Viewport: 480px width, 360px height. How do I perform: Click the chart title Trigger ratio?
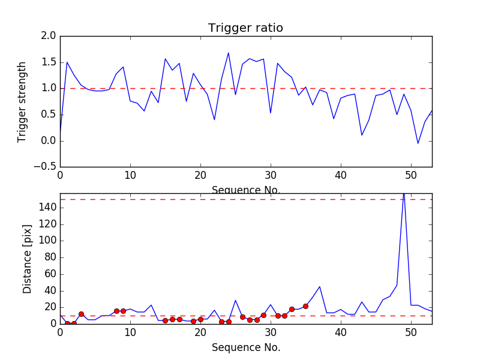pos(245,28)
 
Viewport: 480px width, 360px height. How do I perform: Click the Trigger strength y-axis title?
pos(22,101)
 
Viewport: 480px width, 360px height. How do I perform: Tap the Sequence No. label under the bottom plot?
pos(245,347)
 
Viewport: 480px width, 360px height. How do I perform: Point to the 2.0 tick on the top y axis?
pos(49,36)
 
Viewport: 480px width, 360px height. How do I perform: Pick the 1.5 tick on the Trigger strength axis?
pos(49,62)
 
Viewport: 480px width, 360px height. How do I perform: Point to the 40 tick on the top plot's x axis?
pos(341,176)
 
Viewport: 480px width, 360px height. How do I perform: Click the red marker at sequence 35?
pos(305,306)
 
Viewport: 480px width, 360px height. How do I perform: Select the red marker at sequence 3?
pos(81,314)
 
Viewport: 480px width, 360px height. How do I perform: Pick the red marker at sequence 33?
pos(292,309)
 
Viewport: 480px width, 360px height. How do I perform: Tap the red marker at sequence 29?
pos(263,315)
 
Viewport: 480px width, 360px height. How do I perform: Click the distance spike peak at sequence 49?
pos(404,194)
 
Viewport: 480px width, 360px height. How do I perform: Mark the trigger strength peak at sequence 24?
pos(229,53)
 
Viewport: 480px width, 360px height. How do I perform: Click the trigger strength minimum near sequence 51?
pos(418,143)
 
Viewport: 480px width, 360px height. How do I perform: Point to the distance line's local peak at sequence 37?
pos(320,287)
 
